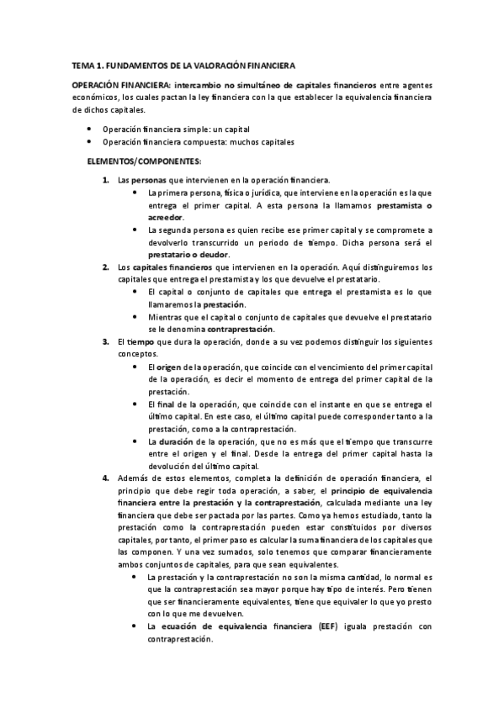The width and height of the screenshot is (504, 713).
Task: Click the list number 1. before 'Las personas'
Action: [105, 180]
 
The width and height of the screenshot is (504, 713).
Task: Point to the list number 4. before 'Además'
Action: [105, 478]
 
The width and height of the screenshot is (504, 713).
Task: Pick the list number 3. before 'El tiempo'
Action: [105, 341]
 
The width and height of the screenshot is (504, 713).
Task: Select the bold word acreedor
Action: [164, 217]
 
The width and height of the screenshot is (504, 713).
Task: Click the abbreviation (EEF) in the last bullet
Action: [329, 626]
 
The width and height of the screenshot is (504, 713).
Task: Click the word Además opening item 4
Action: [138, 478]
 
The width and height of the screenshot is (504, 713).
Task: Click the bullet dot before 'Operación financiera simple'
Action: [90, 129]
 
